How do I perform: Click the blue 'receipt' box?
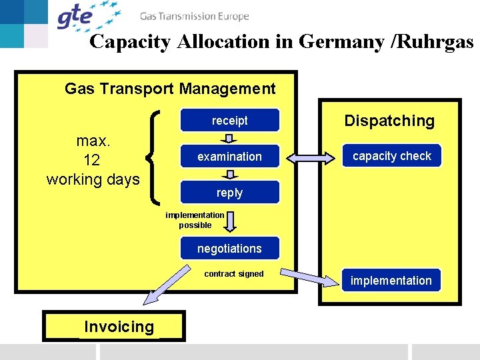[x=229, y=121]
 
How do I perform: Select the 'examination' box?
[x=229, y=157]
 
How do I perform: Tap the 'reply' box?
[x=229, y=193]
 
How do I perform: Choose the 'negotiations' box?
[x=229, y=249]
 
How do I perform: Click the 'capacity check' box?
[x=392, y=156]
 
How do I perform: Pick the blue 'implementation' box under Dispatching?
[x=391, y=281]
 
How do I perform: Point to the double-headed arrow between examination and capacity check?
[x=312, y=158]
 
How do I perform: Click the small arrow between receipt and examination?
[x=229, y=139]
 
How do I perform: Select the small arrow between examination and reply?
[x=229, y=175]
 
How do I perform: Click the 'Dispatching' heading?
[x=389, y=121]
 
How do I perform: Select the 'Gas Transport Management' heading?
[x=170, y=88]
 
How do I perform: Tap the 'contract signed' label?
[x=234, y=274]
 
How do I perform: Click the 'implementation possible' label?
[x=195, y=220]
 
